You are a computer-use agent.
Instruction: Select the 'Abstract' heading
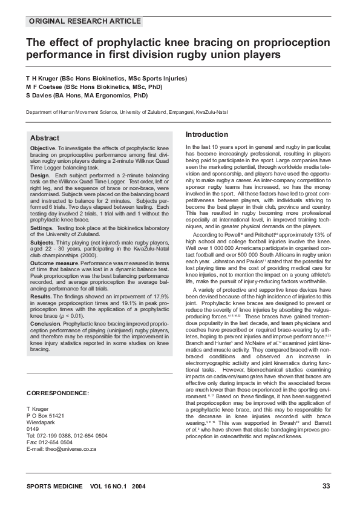coord(45,138)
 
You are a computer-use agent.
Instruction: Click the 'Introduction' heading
coord(206,134)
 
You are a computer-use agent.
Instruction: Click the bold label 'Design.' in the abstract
coord(40,175)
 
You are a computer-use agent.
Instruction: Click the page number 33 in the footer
coord(326,486)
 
